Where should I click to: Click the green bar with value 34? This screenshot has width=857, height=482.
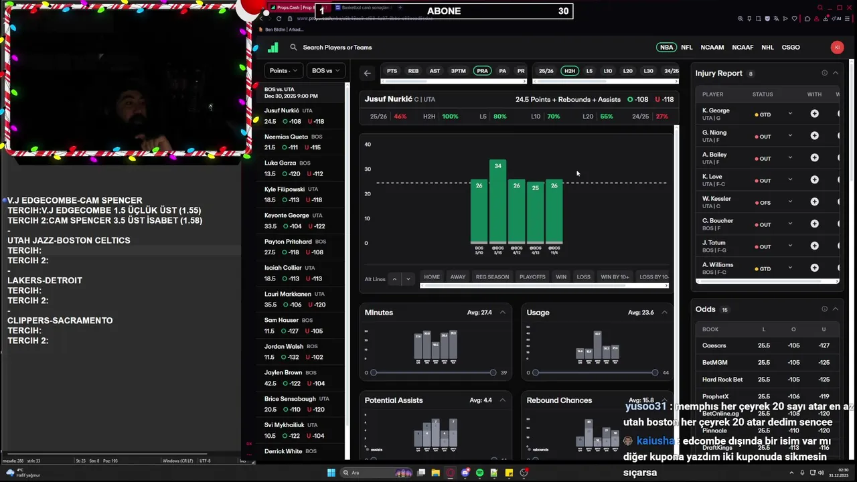(497, 201)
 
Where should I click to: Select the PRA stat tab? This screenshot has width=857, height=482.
(482, 71)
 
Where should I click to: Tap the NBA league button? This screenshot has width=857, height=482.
(666, 48)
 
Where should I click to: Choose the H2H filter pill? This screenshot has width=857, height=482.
(569, 71)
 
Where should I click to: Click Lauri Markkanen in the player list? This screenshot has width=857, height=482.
(288, 294)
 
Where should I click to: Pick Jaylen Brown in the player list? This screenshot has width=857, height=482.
(283, 373)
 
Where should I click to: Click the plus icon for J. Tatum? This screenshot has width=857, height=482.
(814, 246)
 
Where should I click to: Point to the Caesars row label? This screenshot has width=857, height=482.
(714, 345)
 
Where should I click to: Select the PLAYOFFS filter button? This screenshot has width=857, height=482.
(532, 277)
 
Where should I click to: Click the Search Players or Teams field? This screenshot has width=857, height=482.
(337, 48)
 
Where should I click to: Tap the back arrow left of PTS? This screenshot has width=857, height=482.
(367, 73)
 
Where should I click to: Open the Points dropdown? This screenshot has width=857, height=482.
(283, 70)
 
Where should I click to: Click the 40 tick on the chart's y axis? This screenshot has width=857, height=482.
(367, 145)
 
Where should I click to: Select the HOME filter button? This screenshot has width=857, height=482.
(432, 277)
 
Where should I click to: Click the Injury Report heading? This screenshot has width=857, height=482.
(718, 73)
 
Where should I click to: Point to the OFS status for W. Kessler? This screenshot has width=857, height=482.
(764, 202)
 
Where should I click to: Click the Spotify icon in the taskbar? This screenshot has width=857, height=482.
(479, 473)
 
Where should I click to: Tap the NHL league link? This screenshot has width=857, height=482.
(767, 48)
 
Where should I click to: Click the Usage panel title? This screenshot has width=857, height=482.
(538, 313)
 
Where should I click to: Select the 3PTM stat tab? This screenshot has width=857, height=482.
(458, 71)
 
